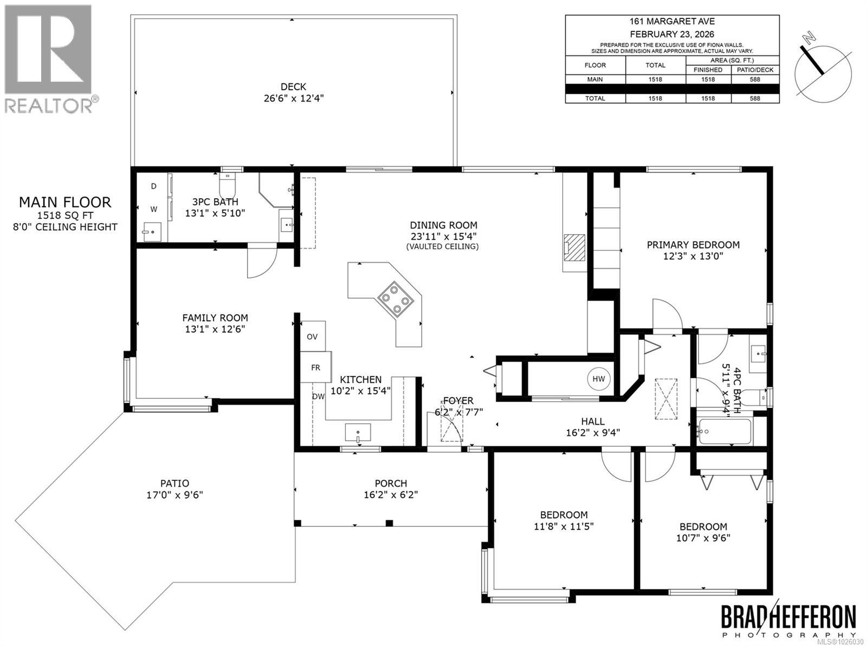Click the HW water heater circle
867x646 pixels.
[x=598, y=379]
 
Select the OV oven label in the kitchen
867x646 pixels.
[x=312, y=337]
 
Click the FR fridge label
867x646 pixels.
[x=315, y=368]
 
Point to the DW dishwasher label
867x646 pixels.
[x=318, y=396]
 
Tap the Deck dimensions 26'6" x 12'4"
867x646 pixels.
[x=293, y=99]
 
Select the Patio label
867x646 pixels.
[x=174, y=484]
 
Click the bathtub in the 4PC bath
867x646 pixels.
[x=724, y=432]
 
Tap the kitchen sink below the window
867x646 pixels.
[x=358, y=433]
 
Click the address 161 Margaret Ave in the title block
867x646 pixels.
[x=672, y=22]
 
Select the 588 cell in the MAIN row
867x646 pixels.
[x=755, y=79]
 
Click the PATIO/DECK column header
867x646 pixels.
[x=755, y=70]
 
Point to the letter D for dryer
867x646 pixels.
[x=154, y=186]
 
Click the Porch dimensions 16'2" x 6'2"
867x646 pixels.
[x=391, y=494]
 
